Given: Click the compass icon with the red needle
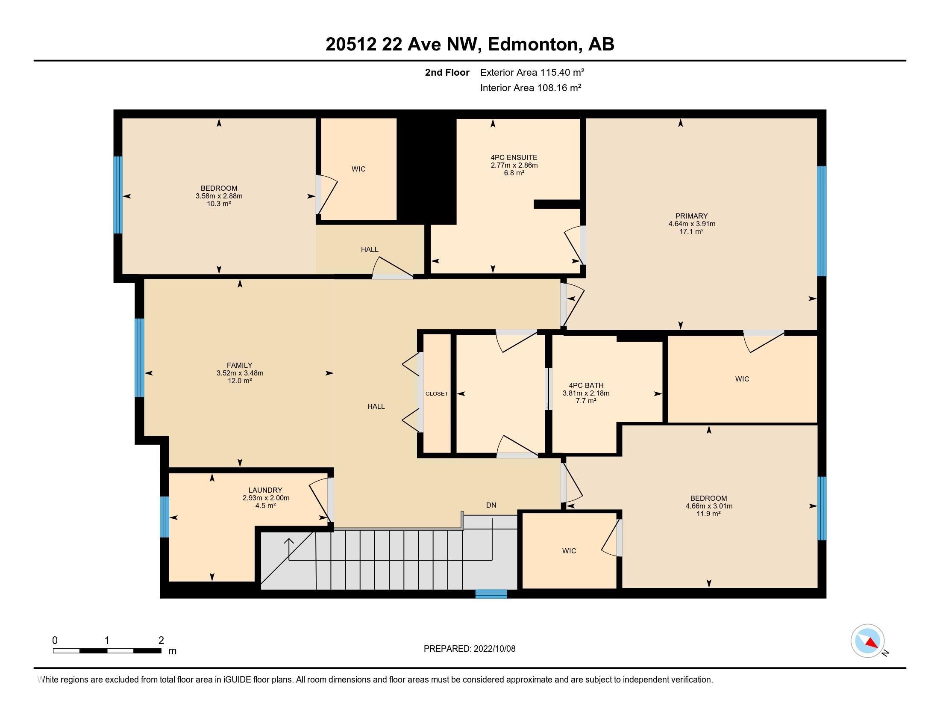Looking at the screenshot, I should click(x=867, y=641).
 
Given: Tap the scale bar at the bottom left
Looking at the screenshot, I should click(x=107, y=650).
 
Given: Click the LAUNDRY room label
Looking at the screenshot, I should click(x=265, y=490).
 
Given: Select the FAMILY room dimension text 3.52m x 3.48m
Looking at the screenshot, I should click(x=240, y=373).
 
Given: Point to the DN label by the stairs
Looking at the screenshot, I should click(x=491, y=505).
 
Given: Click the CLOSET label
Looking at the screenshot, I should click(x=436, y=393).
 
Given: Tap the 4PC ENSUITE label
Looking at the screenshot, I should click(x=514, y=158).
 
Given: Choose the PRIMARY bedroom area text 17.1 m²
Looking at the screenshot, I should click(x=691, y=232).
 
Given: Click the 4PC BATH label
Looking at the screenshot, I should click(x=586, y=385).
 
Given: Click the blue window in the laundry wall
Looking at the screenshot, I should click(x=164, y=517).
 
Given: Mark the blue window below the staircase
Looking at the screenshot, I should click(x=491, y=594).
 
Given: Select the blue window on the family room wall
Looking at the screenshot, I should click(x=139, y=358).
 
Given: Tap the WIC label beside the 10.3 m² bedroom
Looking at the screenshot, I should click(x=358, y=169).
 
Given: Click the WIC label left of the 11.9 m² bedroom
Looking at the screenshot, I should click(x=569, y=551).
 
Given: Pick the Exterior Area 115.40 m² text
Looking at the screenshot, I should click(x=532, y=72).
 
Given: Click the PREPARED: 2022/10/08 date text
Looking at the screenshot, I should click(x=469, y=649).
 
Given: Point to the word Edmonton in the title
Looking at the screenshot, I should click(x=532, y=44).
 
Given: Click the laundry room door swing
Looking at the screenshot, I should click(x=319, y=499).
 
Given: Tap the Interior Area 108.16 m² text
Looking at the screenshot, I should click(x=531, y=88).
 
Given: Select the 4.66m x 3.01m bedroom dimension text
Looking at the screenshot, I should click(x=708, y=506).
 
